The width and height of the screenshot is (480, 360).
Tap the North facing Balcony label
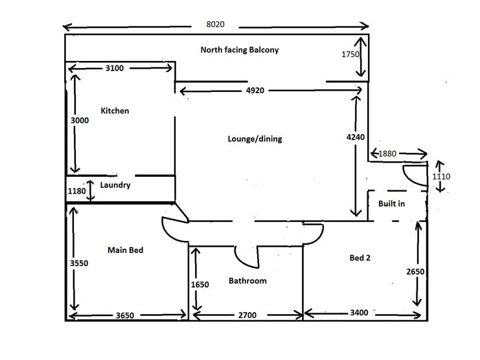click(239, 50)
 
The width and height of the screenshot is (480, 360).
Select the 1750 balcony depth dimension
click(350, 55)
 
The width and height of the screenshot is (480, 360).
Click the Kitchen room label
click(115, 111)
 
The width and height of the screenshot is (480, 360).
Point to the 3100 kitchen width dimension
click(119, 68)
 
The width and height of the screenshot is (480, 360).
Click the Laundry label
click(115, 185)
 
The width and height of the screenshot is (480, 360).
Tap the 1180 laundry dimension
click(76, 191)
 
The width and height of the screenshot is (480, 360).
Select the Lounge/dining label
click(255, 139)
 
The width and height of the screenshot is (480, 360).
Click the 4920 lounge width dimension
click(255, 91)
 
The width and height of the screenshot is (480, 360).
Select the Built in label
click(391, 204)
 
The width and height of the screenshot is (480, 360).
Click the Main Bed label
click(125, 250)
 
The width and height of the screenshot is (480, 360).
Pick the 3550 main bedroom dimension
click(78, 263)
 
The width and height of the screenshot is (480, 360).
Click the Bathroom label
click(247, 281)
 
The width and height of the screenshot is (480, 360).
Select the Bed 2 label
click(360, 258)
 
